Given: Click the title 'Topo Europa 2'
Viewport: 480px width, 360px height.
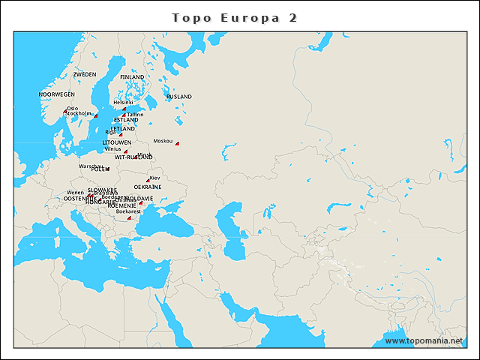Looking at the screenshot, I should click(x=235, y=17).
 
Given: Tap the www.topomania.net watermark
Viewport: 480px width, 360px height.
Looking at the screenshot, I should click(x=424, y=340).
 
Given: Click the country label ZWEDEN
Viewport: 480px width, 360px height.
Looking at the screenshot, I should click(x=85, y=75).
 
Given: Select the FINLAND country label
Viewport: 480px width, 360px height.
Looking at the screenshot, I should click(x=132, y=77).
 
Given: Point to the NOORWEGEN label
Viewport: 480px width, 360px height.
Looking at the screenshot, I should click(x=57, y=94).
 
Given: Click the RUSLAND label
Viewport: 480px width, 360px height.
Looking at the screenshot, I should click(x=178, y=97).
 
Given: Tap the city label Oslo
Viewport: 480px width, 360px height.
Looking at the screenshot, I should click(x=72, y=108).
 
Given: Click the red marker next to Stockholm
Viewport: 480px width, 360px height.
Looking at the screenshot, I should click(x=96, y=115).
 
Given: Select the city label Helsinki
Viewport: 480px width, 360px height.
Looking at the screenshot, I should click(x=122, y=103).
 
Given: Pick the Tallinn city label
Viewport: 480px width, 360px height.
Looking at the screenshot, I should click(x=135, y=114).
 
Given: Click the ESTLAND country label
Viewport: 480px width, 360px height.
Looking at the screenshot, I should click(x=126, y=120).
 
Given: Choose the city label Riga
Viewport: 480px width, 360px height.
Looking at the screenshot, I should click(x=111, y=132).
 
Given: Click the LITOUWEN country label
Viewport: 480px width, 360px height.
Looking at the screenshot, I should click(x=117, y=142).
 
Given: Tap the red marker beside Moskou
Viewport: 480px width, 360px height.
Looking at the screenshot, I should click(x=178, y=143).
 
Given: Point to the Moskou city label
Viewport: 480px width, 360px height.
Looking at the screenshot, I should click(x=163, y=141).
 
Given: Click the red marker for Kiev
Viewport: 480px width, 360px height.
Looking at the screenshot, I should click(x=148, y=181).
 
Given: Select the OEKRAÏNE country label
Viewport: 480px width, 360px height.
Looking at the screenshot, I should click(x=148, y=187).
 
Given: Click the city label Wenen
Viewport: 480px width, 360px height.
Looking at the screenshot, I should click(x=75, y=193).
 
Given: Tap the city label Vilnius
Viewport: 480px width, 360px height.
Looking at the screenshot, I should click(x=112, y=148).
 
